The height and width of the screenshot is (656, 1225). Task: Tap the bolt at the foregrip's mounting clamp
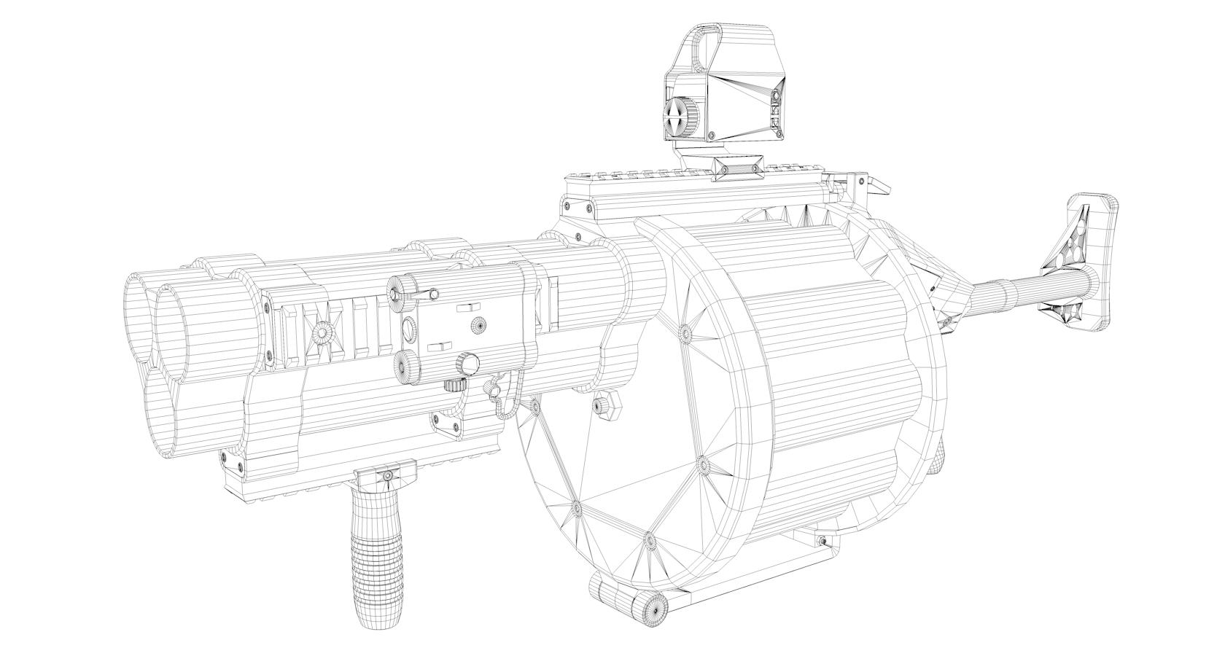point(388,476)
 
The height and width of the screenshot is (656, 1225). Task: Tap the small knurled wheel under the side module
point(454,386)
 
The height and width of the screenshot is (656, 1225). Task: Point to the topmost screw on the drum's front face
point(685,333)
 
